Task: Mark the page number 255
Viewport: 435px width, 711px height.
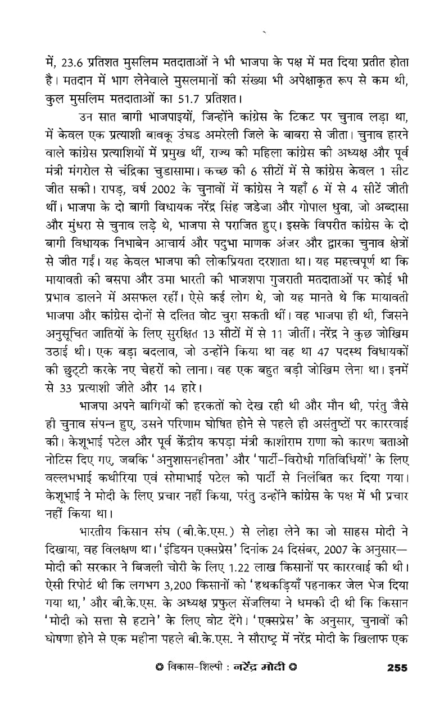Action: (397, 668)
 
